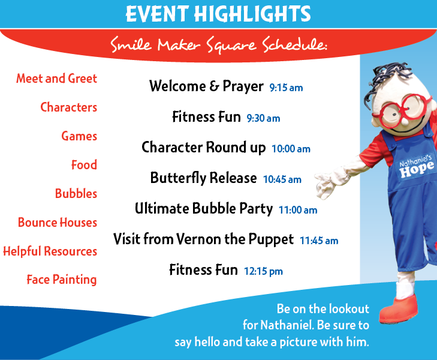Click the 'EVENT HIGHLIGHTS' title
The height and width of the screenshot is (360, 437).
click(x=218, y=14)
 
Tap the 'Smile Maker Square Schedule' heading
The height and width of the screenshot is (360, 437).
click(x=219, y=44)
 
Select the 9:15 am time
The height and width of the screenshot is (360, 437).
click(x=286, y=88)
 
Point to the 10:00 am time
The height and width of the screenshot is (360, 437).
click(x=291, y=149)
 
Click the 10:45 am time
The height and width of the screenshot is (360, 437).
click(x=282, y=179)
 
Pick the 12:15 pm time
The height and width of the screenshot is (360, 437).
click(x=263, y=271)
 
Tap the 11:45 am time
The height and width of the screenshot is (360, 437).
click(x=319, y=241)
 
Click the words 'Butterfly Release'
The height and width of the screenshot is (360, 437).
click(x=203, y=178)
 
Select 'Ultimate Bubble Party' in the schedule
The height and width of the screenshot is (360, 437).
click(x=204, y=209)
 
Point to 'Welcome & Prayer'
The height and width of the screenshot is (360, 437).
click(x=206, y=86)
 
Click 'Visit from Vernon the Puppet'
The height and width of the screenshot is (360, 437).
click(x=203, y=239)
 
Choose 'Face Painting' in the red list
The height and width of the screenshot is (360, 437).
click(x=62, y=280)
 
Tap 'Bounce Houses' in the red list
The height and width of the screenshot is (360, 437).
click(x=58, y=222)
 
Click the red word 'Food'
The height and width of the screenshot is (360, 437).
click(x=84, y=164)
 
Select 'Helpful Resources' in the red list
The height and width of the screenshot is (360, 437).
click(x=50, y=251)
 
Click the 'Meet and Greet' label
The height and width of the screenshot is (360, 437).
click(x=56, y=79)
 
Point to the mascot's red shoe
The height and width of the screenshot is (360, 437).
click(x=399, y=309)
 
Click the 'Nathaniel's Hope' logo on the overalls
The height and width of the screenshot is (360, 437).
click(x=416, y=166)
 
